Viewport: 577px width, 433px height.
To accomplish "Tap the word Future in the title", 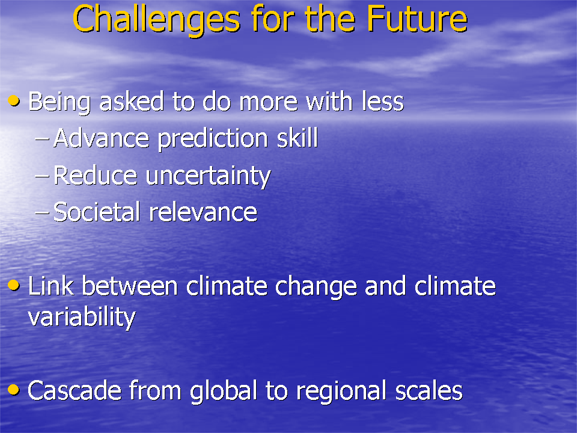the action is [x=417, y=19].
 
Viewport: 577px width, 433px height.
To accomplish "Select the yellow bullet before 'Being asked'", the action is [x=14, y=100].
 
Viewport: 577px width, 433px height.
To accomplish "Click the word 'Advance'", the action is [x=101, y=138].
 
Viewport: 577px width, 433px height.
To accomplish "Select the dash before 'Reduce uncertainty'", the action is [x=41, y=176].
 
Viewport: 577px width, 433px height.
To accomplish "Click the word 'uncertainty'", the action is [x=209, y=176].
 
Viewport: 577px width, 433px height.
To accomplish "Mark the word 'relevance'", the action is [x=203, y=212].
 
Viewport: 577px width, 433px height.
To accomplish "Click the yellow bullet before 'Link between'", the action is [x=14, y=285].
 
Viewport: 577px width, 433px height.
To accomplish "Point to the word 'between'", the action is [x=130, y=286].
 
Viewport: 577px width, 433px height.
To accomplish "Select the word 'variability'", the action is [x=82, y=318].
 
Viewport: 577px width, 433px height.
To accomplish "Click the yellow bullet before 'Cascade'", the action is [x=14, y=390].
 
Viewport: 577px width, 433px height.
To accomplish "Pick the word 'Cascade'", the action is [x=75, y=390].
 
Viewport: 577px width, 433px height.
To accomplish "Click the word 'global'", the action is [x=224, y=392].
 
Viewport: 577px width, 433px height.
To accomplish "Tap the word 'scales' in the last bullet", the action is [x=429, y=390].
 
